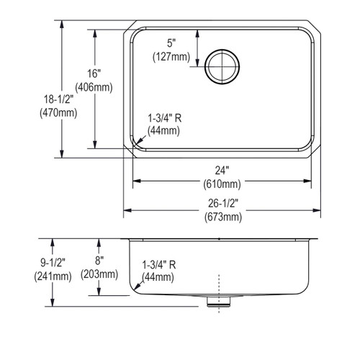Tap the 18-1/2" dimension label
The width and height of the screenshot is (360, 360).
point(58,99)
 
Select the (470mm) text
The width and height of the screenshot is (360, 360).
point(58,112)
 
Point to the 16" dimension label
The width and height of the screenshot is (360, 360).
point(94,73)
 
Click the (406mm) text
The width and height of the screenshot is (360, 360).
point(94,87)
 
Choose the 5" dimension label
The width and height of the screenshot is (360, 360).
point(171,43)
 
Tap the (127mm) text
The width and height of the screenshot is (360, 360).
point(171,57)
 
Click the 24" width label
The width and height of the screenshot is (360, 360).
point(222,171)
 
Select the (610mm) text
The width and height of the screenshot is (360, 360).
point(222,184)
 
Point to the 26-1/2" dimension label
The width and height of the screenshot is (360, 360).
point(223,204)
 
